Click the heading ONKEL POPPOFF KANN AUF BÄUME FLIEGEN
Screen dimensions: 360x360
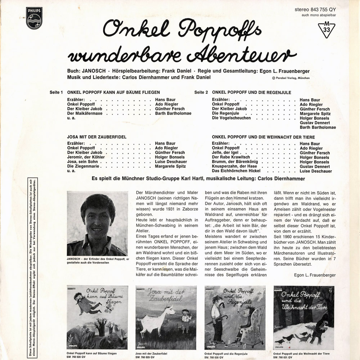[113, 93]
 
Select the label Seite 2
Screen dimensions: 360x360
[201, 93]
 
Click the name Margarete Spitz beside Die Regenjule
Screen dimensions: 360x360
[315, 113]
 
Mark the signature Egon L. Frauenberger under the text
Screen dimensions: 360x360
[314, 275]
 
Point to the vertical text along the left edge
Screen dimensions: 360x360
[32, 266]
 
